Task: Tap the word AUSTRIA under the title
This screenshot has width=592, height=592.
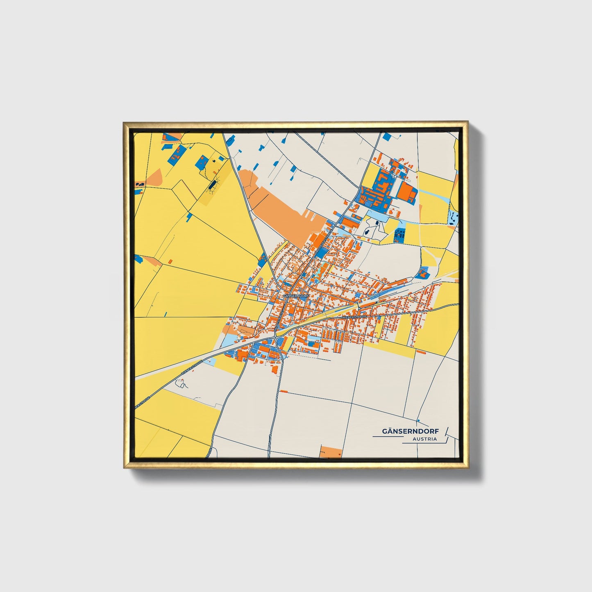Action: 425,439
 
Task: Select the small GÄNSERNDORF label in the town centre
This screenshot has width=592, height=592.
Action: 295,295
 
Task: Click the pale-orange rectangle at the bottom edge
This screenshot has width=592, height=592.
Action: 331,452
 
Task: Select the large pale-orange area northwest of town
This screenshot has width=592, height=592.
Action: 279,205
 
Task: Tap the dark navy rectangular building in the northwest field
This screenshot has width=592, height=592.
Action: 211,186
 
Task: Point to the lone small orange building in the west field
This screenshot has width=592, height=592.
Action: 170,261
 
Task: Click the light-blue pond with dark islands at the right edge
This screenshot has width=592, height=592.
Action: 453,218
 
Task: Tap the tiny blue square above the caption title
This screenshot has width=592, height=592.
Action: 418,421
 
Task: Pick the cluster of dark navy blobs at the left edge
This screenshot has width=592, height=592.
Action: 139,184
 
